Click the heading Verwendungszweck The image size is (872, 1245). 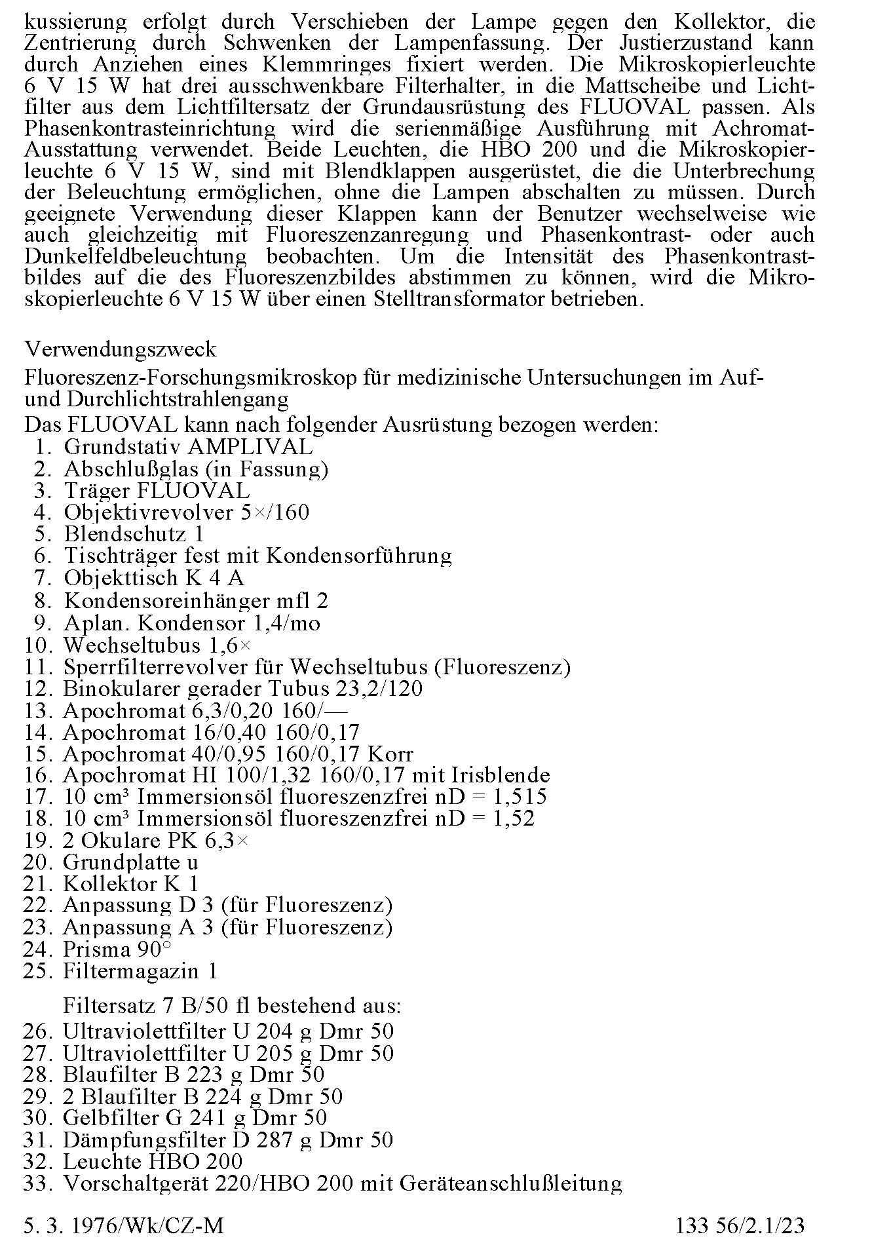pyautogui.click(x=120, y=349)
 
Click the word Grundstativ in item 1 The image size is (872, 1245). pyautogui.click(x=122, y=447)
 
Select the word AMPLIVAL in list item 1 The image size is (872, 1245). pyautogui.click(x=250, y=447)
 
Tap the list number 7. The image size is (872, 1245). pyautogui.click(x=43, y=579)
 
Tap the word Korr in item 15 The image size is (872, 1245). pyautogui.click(x=391, y=754)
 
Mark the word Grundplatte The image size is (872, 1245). pyautogui.click(x=115, y=862)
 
